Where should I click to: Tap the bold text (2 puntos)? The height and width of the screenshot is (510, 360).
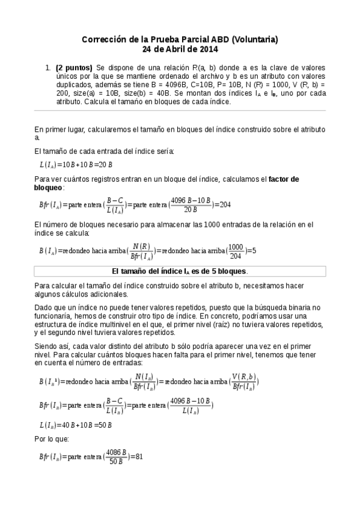pyautogui.click(x=74, y=68)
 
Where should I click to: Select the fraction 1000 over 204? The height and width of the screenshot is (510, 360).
pyautogui.click(x=236, y=250)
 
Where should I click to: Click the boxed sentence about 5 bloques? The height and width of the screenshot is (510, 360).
pyautogui.click(x=180, y=271)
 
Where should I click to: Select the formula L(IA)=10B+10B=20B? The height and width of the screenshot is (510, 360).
pyautogui.click(x=76, y=164)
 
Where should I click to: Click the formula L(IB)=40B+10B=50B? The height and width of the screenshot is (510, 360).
pyautogui.click(x=76, y=425)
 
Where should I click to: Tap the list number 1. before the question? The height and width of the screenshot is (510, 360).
pyautogui.click(x=48, y=68)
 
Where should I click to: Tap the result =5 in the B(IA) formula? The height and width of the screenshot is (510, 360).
pyautogui.click(x=253, y=250)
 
